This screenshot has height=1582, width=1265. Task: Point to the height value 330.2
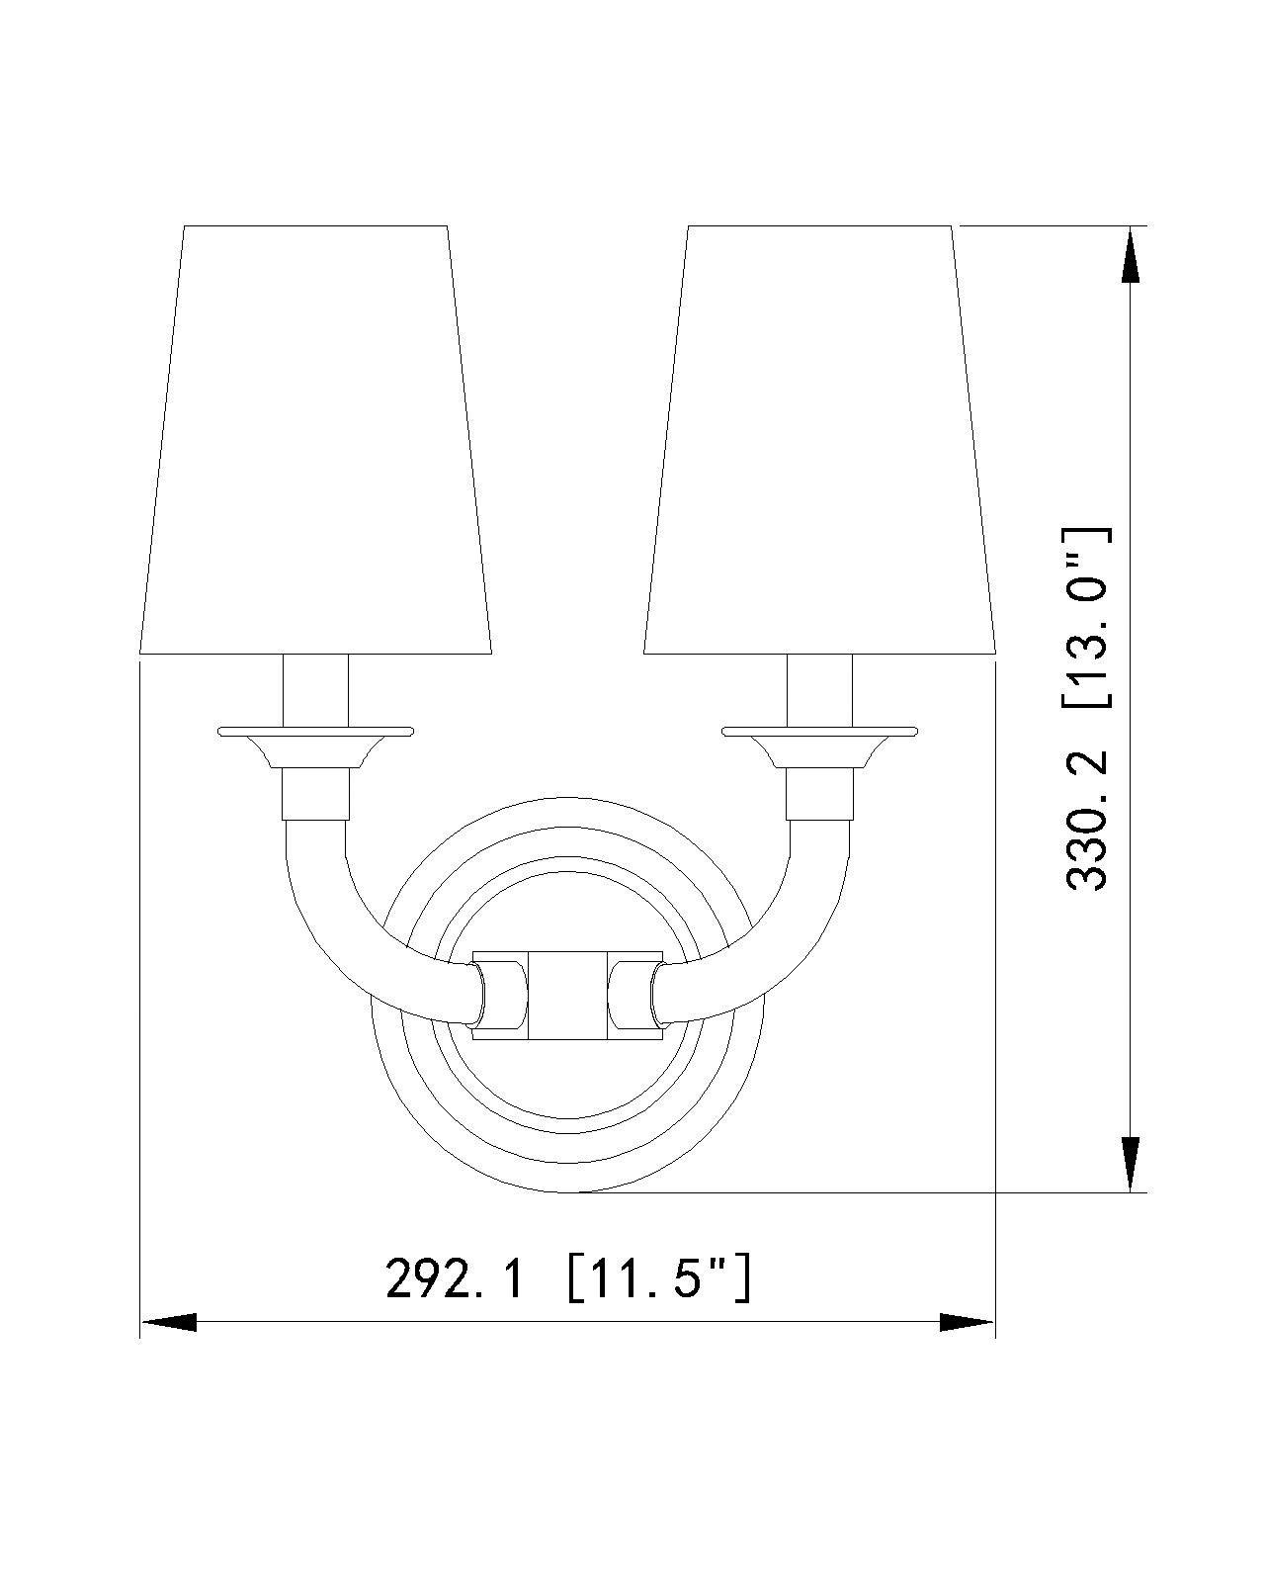pos(1088,821)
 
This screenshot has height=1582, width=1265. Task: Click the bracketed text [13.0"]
pos(1088,618)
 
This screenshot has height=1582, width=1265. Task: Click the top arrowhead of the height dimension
pos(1129,257)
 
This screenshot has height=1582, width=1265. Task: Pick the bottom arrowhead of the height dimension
pos(1129,1163)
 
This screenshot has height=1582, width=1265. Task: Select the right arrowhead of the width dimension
pos(966,1322)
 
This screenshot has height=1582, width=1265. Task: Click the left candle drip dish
pos(315,732)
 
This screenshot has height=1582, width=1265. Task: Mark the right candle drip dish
pos(820,732)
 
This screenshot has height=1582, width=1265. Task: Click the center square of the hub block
pos(567,995)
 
